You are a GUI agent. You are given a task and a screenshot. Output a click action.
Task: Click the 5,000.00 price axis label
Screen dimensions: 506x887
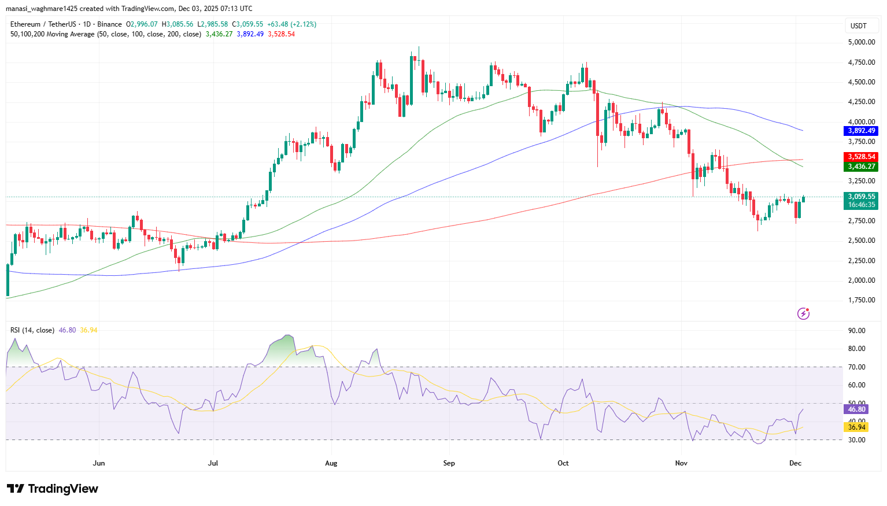point(861,42)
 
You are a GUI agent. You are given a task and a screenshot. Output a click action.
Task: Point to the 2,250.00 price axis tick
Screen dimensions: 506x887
point(861,260)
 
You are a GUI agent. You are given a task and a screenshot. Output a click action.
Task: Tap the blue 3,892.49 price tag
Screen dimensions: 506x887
point(861,131)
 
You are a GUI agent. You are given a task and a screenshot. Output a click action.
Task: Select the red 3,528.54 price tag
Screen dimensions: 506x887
point(861,157)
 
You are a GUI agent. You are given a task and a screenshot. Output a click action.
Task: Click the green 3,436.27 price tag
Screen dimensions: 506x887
point(861,167)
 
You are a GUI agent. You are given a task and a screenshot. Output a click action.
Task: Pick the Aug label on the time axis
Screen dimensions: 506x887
point(331,463)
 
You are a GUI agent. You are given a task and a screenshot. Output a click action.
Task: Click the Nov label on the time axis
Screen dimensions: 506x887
point(681,463)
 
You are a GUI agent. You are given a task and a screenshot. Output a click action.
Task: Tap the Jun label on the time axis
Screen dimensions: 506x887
point(99,463)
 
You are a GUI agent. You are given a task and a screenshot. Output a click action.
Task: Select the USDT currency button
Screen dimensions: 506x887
point(859,26)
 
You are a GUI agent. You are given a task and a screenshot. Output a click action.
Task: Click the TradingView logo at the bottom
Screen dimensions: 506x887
point(53,489)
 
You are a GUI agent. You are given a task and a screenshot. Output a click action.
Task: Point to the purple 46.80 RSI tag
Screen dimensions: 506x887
point(856,409)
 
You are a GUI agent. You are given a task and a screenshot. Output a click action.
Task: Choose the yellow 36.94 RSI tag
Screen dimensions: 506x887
point(856,427)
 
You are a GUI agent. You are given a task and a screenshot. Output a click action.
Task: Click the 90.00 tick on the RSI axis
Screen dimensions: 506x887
point(856,331)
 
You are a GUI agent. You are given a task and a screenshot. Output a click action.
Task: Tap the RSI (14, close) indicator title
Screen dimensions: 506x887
point(32,330)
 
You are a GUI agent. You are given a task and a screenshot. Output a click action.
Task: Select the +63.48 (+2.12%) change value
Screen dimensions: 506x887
point(291,24)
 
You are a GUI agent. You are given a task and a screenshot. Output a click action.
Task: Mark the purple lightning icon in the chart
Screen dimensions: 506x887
point(803,313)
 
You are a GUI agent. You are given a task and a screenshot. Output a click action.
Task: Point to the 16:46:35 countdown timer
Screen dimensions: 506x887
point(861,205)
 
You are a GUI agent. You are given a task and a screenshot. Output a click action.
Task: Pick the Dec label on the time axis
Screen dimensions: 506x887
point(796,463)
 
